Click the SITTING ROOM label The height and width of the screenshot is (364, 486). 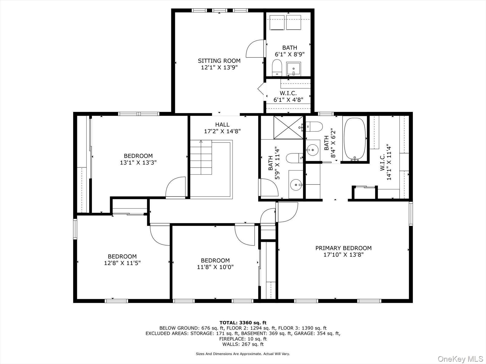(x=219, y=61)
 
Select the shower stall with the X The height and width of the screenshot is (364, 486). (x=288, y=127)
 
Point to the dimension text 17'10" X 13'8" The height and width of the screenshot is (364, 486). (x=343, y=255)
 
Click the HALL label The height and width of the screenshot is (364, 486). (x=222, y=125)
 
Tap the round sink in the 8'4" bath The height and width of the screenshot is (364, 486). (x=312, y=148)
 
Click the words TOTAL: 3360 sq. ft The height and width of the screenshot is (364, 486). (x=243, y=323)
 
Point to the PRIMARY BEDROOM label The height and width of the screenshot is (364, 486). (x=343, y=248)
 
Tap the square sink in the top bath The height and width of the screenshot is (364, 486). (x=294, y=68)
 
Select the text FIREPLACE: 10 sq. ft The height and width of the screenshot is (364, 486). (x=243, y=339)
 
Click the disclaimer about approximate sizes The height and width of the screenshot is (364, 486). (x=243, y=354)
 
